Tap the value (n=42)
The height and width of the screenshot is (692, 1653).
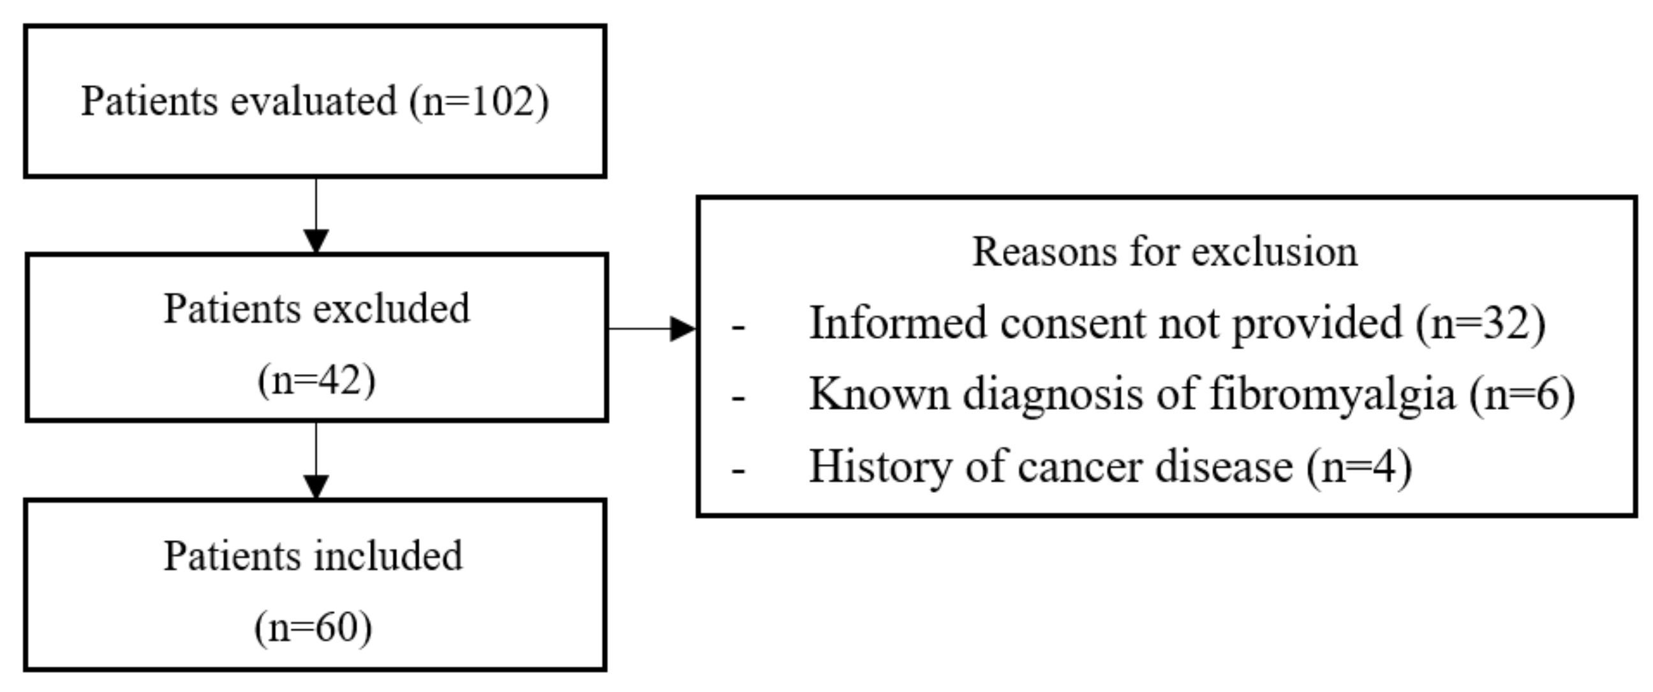[x=316, y=380]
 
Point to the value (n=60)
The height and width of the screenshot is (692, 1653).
[x=313, y=627]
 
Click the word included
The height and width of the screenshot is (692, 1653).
[x=389, y=556]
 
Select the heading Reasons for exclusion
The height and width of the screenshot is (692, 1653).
[x=1165, y=252]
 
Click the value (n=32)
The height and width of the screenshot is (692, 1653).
[x=1480, y=323]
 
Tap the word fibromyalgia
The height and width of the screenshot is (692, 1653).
[x=1332, y=394]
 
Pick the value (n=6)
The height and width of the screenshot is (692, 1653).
[x=1522, y=394]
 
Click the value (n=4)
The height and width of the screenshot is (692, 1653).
[x=1359, y=467]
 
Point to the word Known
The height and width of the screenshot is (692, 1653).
[x=879, y=394]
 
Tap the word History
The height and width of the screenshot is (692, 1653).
[x=880, y=467]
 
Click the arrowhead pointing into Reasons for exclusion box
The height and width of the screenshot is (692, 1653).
[x=683, y=329]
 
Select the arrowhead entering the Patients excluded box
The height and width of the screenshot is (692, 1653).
[x=316, y=242]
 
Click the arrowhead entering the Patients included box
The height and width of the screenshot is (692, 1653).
[x=316, y=487]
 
